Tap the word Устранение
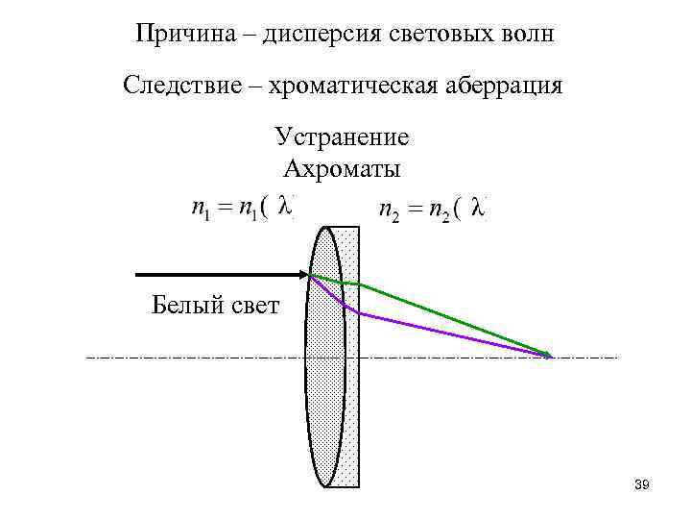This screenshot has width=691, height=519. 342,137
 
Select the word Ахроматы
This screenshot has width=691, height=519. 342,170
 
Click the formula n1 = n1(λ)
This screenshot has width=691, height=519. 241,208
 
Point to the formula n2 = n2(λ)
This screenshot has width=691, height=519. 432,209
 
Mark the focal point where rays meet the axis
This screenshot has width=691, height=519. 548,357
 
